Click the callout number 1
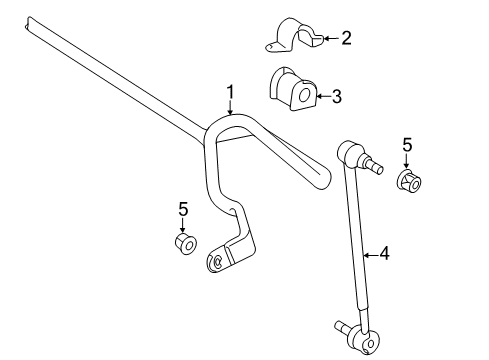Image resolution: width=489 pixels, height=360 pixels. [230, 95]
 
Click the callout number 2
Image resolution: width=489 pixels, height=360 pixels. [346, 39]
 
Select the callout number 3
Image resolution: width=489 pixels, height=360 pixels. [336, 96]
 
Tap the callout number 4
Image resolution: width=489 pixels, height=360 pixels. [383, 254]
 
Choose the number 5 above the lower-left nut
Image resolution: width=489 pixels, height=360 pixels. [183, 209]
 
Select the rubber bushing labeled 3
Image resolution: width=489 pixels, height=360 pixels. [292, 90]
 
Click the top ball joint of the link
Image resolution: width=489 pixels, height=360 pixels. [351, 154]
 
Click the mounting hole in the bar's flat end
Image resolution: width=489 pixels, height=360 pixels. [213, 262]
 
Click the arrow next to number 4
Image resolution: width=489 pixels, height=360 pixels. [369, 255]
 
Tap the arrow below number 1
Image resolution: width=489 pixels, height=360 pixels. [230, 110]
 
